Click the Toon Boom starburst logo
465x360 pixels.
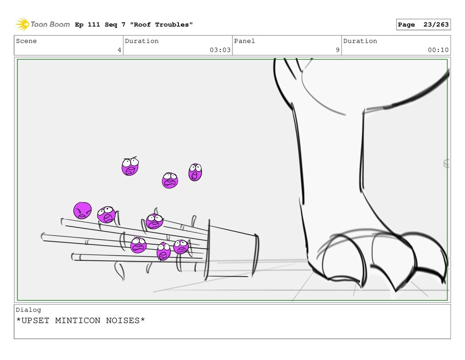pyautogui.click(x=22, y=24)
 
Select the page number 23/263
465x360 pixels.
pyautogui.click(x=436, y=25)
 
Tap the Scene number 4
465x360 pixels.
pyautogui.click(x=119, y=50)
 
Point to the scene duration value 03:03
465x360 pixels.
pyautogui.click(x=220, y=50)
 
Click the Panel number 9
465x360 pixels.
pyautogui.click(x=337, y=50)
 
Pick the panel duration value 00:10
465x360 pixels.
pyautogui.click(x=438, y=50)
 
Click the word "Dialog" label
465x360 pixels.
pyautogui.click(x=29, y=310)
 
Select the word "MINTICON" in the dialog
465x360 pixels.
pyautogui.click(x=78, y=321)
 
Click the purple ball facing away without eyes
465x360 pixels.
pyautogui.click(x=83, y=211)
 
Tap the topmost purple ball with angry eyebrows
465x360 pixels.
pyautogui.click(x=130, y=166)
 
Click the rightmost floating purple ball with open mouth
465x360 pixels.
pyautogui.click(x=195, y=172)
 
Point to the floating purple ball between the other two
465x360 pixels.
pyautogui.click(x=170, y=180)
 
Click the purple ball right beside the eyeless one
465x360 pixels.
pyautogui.click(x=106, y=214)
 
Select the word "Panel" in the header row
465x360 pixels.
pyautogui.click(x=244, y=41)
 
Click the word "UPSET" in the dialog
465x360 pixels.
pyautogui.click(x=35, y=321)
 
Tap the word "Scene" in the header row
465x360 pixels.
pyautogui.click(x=26, y=41)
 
